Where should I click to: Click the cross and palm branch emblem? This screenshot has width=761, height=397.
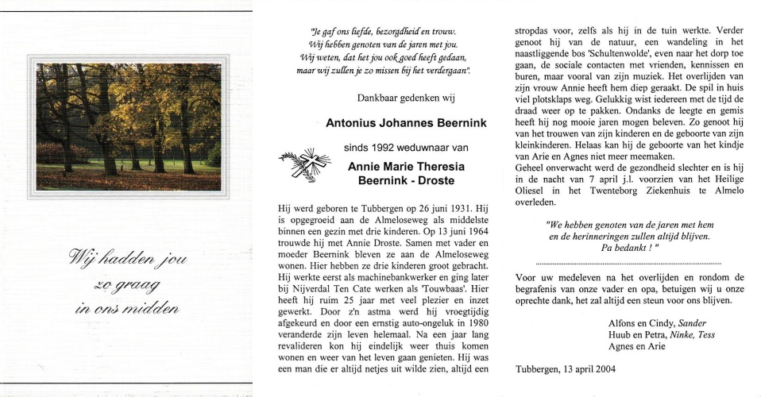coord(303,164)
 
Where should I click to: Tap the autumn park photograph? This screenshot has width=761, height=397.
coord(129,127)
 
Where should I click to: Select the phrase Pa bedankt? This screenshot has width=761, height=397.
coord(629,248)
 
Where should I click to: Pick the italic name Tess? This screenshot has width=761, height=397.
coord(706,334)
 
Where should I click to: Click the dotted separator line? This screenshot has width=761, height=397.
coord(628,263)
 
